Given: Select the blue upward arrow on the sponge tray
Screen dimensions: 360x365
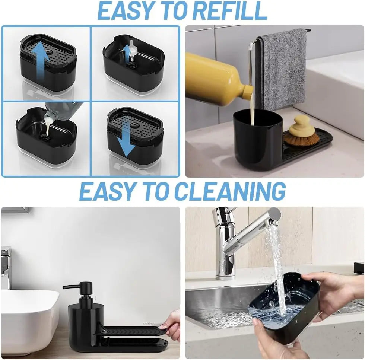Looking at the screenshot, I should pos(42,62).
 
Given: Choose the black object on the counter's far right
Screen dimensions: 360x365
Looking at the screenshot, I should pos(359,268).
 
